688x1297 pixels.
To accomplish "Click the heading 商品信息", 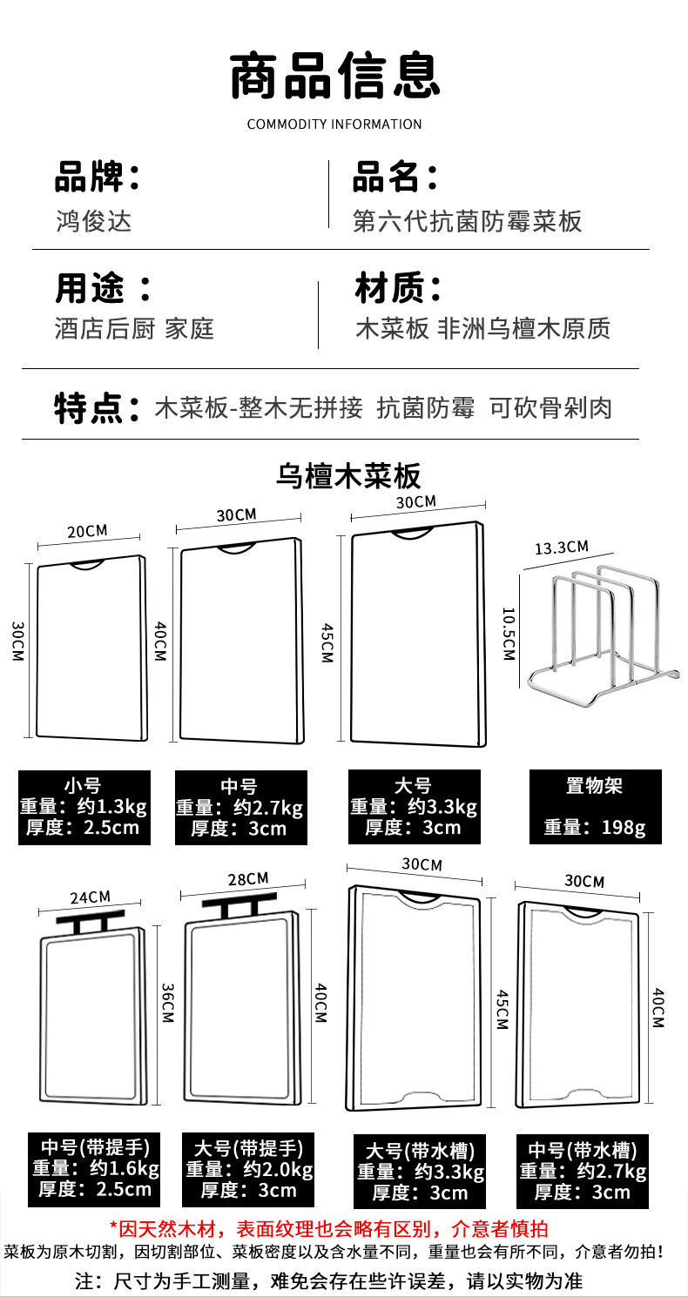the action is click(335, 76).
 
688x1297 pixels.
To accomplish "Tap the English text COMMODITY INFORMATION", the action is click(334, 124).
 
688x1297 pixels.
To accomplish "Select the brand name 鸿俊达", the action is click(93, 221).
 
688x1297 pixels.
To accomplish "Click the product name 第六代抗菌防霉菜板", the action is click(467, 221).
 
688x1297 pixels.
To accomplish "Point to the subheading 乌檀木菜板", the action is click(348, 476).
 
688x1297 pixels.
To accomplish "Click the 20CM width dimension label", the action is click(86, 531).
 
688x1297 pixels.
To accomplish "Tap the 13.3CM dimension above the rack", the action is click(561, 548).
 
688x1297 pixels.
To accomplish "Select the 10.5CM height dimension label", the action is click(509, 633).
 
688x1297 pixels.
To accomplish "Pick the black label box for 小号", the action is click(84, 807).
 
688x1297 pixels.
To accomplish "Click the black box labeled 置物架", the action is click(595, 807).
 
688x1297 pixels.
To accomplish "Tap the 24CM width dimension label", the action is click(90, 897).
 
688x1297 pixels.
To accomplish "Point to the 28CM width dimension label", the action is click(248, 879).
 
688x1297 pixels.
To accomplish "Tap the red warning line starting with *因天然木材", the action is click(328, 1229).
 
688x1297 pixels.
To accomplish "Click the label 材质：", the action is click(398, 288).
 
